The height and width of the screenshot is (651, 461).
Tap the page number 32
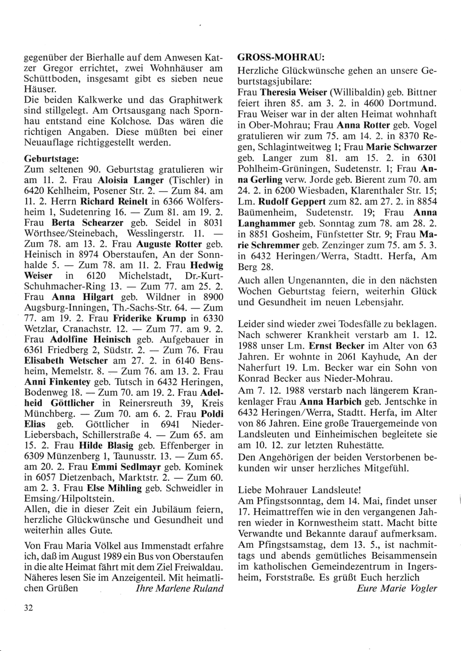pos(29,608)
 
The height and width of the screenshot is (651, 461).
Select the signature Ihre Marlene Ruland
pos(180,588)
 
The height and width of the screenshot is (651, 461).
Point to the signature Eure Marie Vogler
pos(397,588)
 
